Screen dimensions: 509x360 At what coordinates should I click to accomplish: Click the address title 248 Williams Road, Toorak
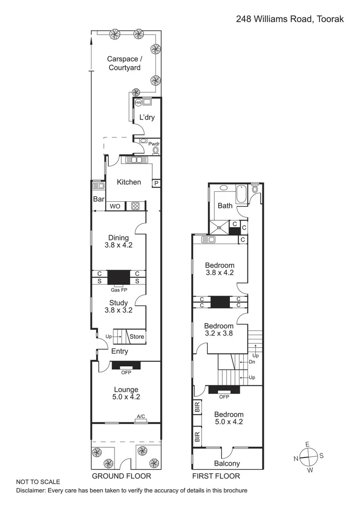point(290,19)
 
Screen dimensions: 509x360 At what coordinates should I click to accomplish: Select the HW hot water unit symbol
point(139,102)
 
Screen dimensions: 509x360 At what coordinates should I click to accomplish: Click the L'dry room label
point(147,117)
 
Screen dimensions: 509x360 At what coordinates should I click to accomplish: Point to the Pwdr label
point(154,144)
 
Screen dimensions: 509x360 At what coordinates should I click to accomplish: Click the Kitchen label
point(129,182)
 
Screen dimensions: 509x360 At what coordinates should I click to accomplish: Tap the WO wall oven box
point(115,206)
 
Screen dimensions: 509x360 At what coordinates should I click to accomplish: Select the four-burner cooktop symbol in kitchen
point(135,206)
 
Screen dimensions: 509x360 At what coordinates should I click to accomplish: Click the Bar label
point(98,199)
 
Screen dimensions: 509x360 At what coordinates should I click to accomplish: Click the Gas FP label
point(119,290)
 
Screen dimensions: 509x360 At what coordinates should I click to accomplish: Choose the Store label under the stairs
point(137,337)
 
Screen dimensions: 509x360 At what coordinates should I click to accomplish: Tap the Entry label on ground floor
point(119,351)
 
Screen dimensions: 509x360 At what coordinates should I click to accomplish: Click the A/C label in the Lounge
point(140,416)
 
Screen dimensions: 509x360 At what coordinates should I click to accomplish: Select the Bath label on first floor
point(225,205)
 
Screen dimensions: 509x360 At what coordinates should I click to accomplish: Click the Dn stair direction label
point(252,362)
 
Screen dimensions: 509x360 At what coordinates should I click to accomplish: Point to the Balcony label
point(227,463)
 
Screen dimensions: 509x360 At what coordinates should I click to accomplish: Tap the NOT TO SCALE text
point(38,482)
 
